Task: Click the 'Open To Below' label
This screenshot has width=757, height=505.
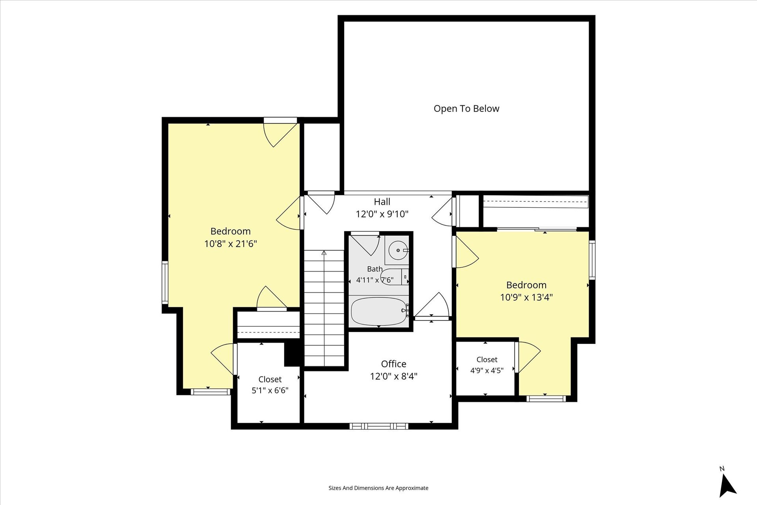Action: tap(466, 109)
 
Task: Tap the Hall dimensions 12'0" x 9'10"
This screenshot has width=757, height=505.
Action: tap(382, 214)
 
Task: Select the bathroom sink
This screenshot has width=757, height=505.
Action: tap(398, 250)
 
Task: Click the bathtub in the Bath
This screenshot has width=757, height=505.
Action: tap(379, 311)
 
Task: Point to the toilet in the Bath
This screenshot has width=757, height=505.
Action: tap(395, 277)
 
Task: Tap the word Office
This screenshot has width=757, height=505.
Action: tap(393, 364)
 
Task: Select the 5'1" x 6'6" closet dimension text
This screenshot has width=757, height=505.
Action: tap(270, 391)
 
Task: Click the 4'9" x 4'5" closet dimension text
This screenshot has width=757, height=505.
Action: tap(487, 371)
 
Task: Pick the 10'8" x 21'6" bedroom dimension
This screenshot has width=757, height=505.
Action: tap(231, 244)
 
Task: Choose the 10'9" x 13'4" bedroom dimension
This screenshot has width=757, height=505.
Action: tap(526, 298)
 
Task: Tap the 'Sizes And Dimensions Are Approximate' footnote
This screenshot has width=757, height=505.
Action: tap(378, 488)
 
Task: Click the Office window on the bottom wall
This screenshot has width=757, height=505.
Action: tap(379, 426)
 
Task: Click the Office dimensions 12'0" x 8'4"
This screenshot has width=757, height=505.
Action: tap(393, 376)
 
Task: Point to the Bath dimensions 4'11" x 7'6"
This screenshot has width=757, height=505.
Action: tap(375, 280)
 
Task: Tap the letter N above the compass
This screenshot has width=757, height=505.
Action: tap(722, 469)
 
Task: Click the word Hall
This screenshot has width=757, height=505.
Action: tap(382, 202)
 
